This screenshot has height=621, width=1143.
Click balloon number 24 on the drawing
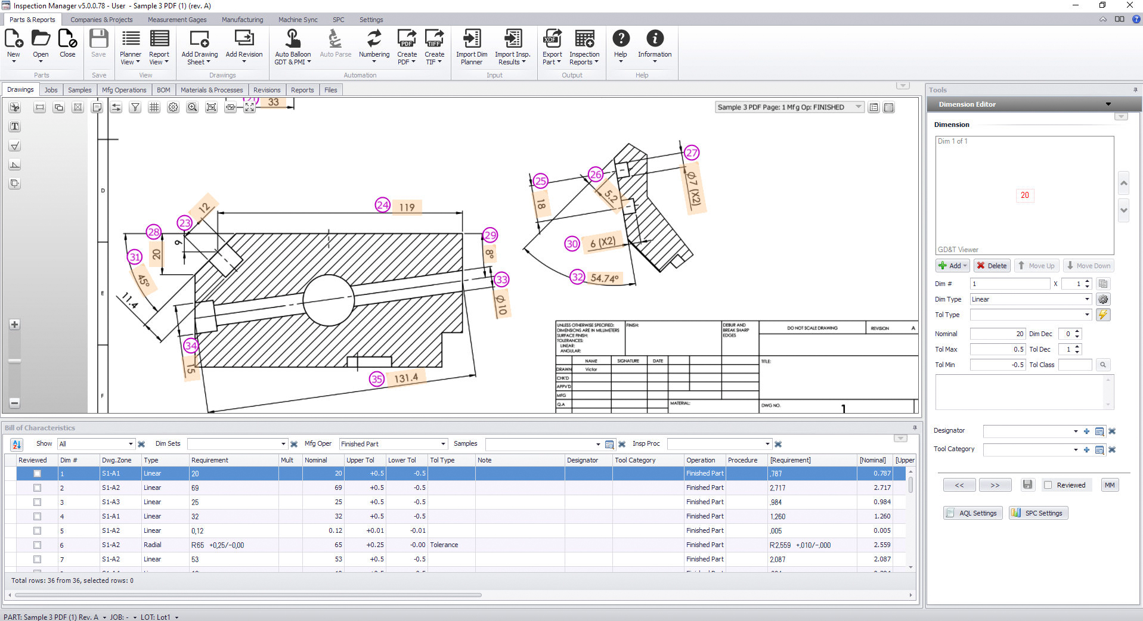coord(382,205)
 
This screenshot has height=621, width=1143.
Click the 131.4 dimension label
coord(406,378)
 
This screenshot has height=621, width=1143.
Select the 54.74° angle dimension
coord(604,278)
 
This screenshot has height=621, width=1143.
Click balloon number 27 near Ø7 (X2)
coord(691,153)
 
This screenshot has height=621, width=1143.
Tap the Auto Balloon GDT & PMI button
coord(292,47)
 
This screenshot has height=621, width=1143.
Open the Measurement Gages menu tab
coord(177,20)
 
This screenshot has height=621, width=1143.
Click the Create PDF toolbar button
coord(407,47)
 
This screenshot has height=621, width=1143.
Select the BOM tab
coord(163,90)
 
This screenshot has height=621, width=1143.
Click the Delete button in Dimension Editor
coord(992,266)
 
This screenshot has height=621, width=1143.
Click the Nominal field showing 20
coord(997,334)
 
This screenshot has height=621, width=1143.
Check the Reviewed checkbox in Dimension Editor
coord(1048,485)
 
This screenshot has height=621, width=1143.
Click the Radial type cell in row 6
coord(153,545)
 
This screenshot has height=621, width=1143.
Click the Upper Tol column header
coord(360,460)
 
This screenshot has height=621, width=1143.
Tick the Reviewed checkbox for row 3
coord(37,502)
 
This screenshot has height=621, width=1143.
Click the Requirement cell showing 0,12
coord(197,530)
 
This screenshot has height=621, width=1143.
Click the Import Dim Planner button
coord(471,47)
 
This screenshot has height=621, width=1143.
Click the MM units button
coord(1109,485)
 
